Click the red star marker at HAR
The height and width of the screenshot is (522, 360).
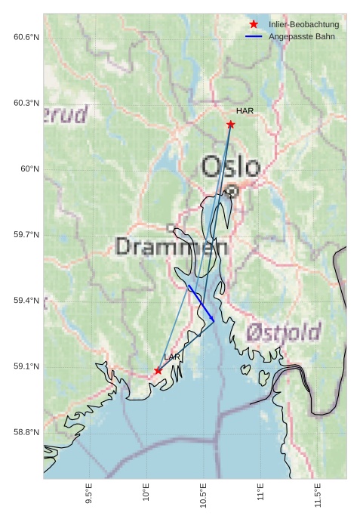tap(230, 124)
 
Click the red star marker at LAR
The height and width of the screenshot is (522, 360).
tap(158, 370)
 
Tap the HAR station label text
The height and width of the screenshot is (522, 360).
tap(245, 110)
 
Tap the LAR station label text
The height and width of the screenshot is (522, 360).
tap(172, 357)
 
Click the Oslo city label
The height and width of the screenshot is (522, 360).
tap(230, 166)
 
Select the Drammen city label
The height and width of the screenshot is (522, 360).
tap(172, 246)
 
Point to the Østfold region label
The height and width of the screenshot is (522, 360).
tap(283, 331)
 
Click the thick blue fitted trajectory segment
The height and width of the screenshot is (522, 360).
tap(201, 304)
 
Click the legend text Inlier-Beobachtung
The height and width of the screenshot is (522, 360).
tap(303, 24)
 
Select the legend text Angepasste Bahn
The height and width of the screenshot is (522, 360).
tap(301, 36)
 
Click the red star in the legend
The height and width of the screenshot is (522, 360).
tap(254, 24)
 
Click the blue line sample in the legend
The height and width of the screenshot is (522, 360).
tap(254, 36)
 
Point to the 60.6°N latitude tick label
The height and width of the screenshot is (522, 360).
tap(26, 37)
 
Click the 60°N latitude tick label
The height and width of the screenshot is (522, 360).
tap(30, 169)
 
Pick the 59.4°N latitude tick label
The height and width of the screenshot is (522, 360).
tap(26, 301)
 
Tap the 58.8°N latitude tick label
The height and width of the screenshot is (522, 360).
tap(26, 432)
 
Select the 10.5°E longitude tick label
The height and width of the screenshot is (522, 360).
tap(204, 496)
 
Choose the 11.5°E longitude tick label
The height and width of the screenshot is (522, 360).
tap(318, 496)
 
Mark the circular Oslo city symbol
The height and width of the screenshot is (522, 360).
tap(232, 191)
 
